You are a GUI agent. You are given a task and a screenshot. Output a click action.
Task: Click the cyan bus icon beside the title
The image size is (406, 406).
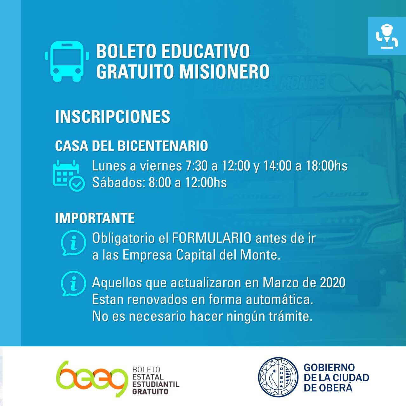[67, 61]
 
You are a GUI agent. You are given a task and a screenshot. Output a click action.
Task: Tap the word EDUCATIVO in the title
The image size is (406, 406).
[206, 51]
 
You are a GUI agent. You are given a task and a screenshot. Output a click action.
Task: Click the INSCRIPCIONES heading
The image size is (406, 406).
[113, 116]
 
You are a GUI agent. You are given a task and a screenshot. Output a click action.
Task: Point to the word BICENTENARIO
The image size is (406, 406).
[163, 146]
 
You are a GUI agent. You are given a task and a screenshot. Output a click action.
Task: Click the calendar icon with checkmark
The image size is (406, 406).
[69, 175]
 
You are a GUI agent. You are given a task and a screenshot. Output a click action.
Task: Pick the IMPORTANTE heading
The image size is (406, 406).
[95, 218]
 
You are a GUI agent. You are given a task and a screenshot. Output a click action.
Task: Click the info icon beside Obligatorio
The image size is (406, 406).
[73, 243]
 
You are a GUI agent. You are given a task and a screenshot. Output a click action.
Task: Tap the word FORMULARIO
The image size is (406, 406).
[212, 238]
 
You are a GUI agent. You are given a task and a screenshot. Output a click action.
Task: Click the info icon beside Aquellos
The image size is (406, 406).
[73, 284]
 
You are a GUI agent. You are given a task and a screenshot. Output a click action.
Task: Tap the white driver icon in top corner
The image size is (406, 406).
[387, 36]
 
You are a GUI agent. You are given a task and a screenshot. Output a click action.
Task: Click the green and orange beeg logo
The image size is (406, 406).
[92, 379]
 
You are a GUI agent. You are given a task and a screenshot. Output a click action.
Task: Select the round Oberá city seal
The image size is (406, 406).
[278, 377]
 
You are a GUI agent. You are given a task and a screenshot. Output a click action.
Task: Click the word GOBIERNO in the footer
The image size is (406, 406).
[329, 367]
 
